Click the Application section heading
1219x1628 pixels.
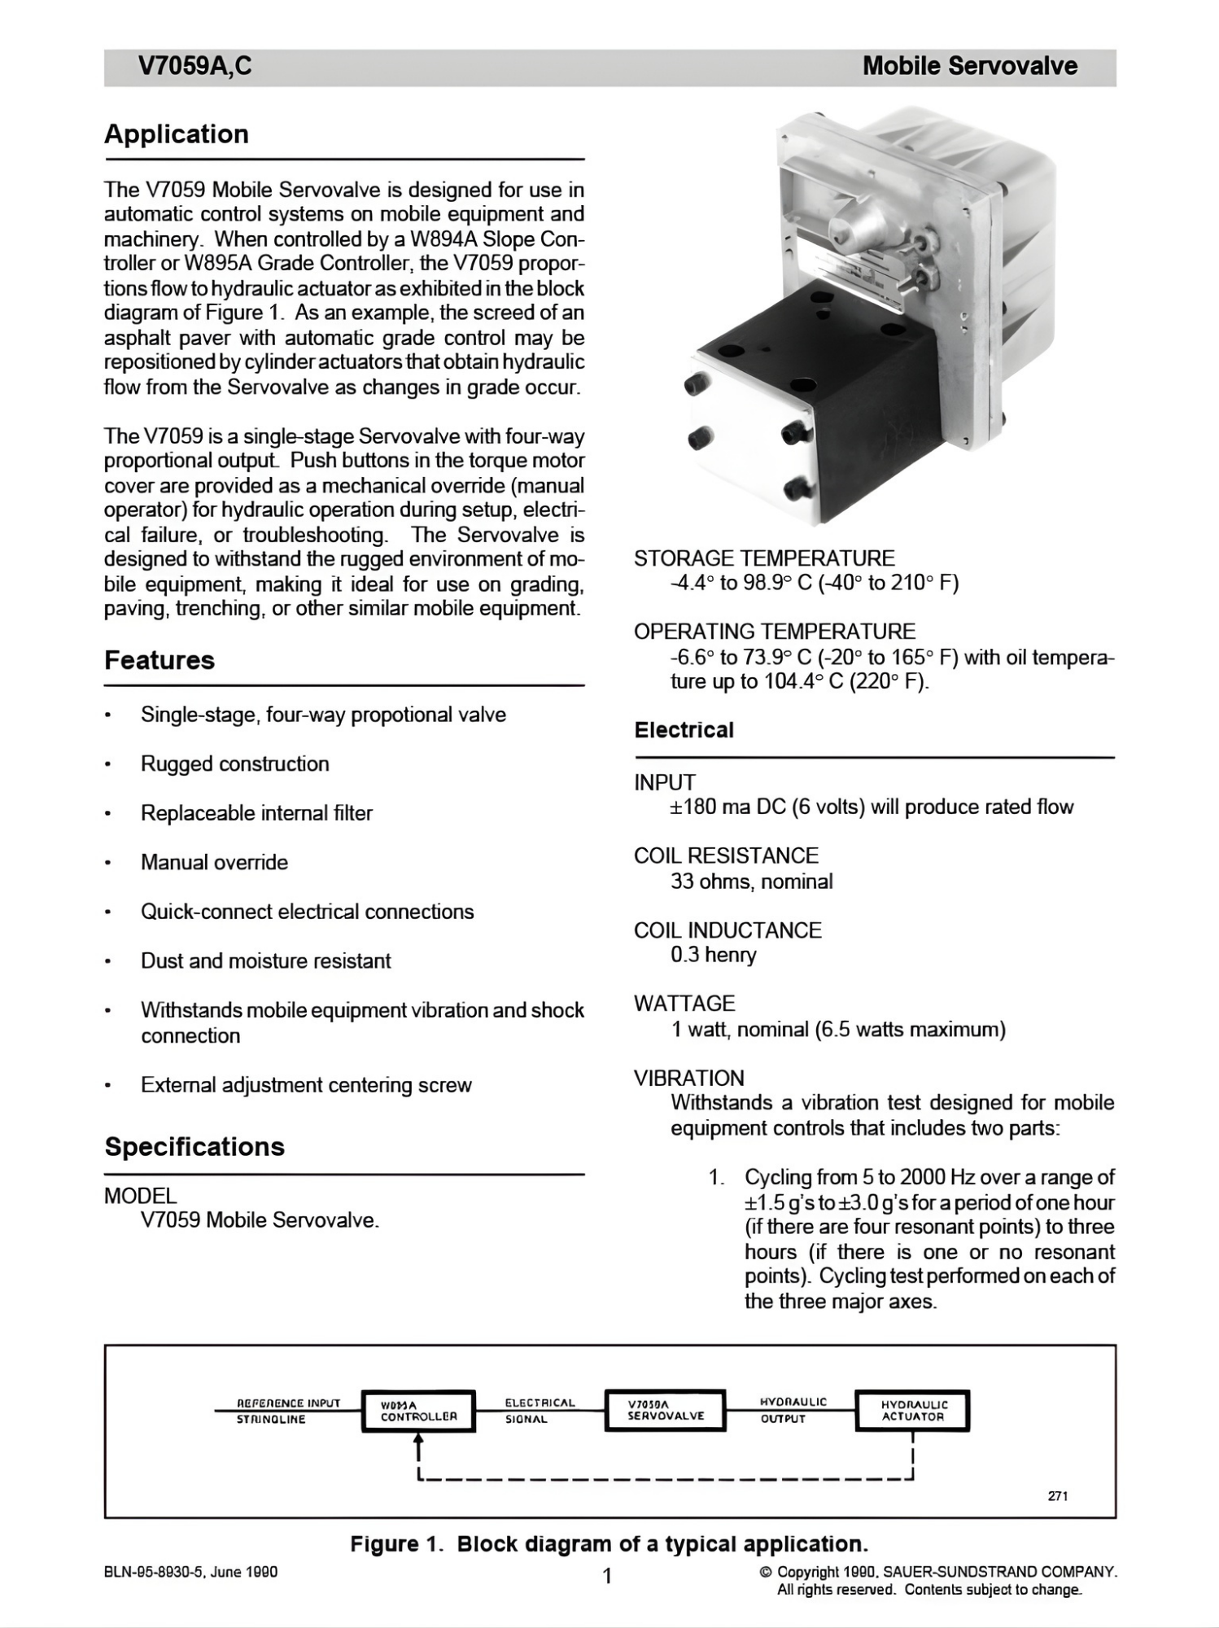[177, 134]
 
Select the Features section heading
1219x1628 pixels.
[159, 660]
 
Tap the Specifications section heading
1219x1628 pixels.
[194, 1147]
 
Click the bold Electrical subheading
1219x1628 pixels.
[684, 730]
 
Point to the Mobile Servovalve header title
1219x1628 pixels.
[969, 67]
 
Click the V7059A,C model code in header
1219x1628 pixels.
[195, 67]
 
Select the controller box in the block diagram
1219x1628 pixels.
[418, 1411]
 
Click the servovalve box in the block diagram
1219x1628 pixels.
[665, 1410]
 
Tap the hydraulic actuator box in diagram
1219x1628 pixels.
[912, 1410]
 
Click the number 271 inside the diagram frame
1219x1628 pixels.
[1058, 1495]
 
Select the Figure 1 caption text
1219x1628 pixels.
[609, 1544]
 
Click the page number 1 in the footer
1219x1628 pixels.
[606, 1577]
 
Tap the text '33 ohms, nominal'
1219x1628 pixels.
[751, 882]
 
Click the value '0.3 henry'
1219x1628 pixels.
[713, 955]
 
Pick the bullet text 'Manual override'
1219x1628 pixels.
[214, 863]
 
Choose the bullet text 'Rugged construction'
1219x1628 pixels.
[234, 764]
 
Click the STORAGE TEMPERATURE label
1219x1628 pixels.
[763, 558]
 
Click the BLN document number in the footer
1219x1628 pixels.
[190, 1572]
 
